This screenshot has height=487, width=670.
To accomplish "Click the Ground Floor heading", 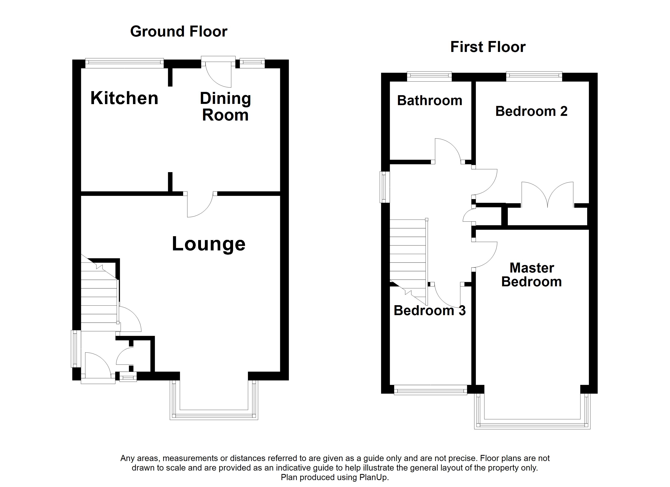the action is tap(179, 32).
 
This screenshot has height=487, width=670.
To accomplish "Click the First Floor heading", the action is tap(488, 47).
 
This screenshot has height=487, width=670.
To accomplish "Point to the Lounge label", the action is tap(209, 244).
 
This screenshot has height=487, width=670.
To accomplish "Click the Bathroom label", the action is tap(430, 101).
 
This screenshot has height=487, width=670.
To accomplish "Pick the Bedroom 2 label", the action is tap(531, 111).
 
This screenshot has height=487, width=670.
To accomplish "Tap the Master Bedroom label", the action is tap(532, 275).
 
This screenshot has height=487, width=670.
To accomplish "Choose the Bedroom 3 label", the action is tap(430, 311).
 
